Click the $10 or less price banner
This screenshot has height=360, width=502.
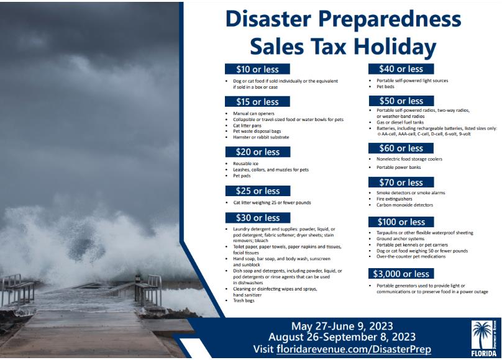257,69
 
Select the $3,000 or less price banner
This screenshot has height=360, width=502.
401,274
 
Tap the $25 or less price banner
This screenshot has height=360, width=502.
258,191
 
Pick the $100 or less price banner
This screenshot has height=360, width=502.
401,222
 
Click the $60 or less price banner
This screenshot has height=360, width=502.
401,148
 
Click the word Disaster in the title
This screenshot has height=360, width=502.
268,19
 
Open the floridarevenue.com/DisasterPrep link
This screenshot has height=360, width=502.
354,349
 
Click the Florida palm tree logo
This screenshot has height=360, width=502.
484,338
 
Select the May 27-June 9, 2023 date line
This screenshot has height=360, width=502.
342,326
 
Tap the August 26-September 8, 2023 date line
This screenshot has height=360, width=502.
342,337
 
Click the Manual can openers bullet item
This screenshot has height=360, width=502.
253,114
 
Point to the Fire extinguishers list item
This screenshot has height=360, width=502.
394,199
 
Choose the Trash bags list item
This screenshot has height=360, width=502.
244,300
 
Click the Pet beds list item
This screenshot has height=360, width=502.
385,87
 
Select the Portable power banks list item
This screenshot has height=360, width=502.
399,167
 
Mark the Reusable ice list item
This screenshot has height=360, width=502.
245,163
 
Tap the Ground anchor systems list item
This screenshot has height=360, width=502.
400,239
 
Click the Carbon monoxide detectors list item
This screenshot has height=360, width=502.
404,205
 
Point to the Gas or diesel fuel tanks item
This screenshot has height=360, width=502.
400,122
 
